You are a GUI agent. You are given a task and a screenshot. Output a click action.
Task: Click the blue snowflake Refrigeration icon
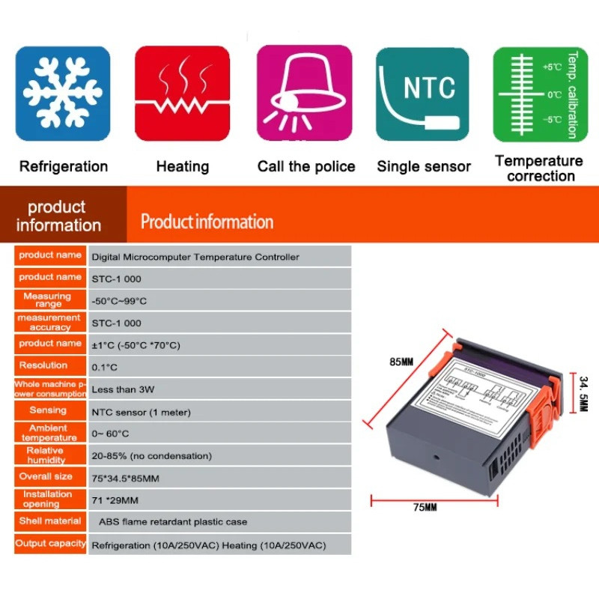tap(63, 94)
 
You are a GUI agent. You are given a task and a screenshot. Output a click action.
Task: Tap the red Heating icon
tap(182, 94)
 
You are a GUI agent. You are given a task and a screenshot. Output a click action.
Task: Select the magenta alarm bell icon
tap(304, 94)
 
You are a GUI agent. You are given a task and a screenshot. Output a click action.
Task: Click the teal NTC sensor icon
tap(423, 94)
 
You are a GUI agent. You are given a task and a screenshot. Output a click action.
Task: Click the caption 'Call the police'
tap(306, 166)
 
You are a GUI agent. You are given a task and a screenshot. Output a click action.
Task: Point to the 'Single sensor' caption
tap(424, 166)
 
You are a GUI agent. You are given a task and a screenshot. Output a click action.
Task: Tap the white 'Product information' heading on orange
tap(207, 222)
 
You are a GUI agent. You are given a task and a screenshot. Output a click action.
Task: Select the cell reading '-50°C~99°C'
tap(119, 301)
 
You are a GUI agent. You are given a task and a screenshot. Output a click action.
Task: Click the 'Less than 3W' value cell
tap(123, 389)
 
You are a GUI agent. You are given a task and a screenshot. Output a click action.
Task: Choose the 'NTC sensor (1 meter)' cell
tap(141, 412)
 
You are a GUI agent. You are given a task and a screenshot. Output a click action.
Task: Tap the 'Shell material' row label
tap(50, 520)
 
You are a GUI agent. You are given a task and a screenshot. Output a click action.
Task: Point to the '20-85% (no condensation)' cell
tap(151, 455)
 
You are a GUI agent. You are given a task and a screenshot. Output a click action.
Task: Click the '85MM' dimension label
tap(401, 363)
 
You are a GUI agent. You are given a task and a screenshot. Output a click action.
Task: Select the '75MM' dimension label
tap(426, 507)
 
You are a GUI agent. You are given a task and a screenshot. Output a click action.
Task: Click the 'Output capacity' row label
tap(50, 544)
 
